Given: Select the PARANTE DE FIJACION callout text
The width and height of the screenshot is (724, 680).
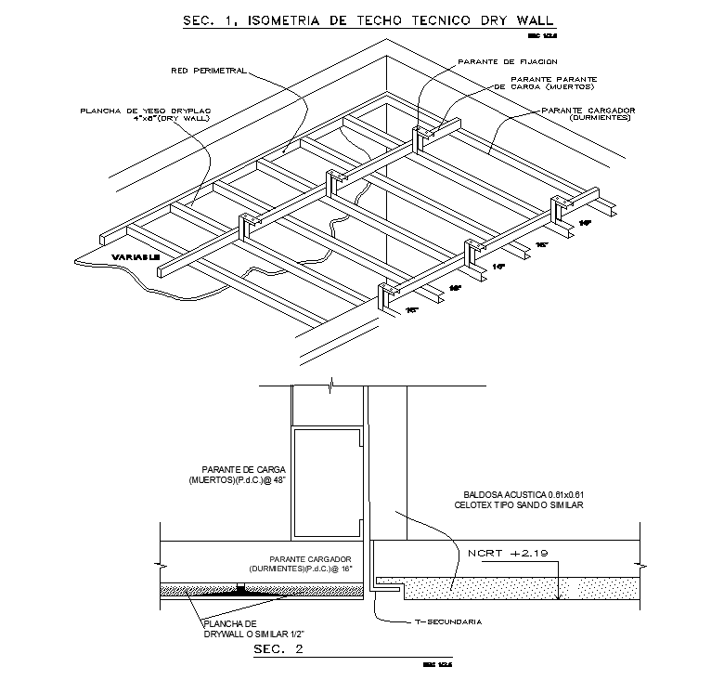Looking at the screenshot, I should point(495,61).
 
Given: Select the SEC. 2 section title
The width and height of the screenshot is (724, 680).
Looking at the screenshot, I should point(278,650).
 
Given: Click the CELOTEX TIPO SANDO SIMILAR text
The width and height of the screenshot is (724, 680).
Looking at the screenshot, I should point(520,505).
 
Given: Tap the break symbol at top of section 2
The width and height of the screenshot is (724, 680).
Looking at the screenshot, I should point(329,384).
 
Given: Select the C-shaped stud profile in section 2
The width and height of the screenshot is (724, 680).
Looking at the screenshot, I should point(326,483).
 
